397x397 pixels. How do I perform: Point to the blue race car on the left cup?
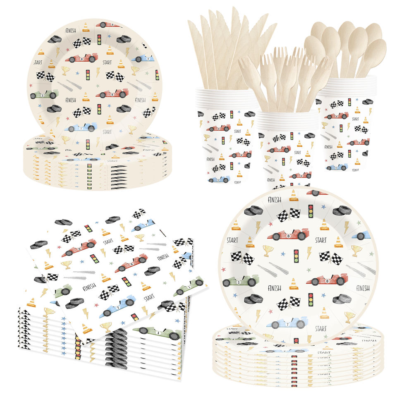coord(219,179)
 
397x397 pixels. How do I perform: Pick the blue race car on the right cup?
coord(337,167)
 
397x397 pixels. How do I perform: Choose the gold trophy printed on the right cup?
coord(325,124)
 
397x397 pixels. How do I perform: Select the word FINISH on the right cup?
coord(328,146)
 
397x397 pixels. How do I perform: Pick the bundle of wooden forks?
coord(285,79)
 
